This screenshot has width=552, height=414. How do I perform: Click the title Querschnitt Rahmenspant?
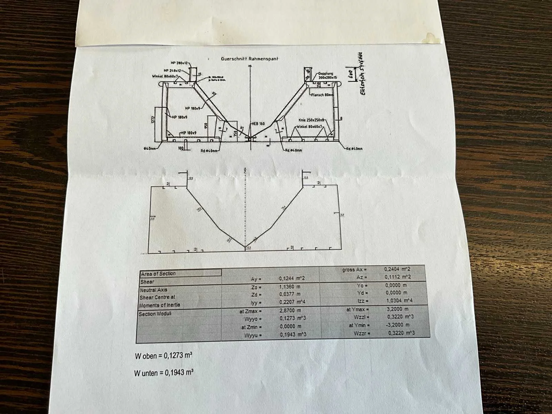tap(249, 59)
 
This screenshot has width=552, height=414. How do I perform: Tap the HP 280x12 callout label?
tap(179, 63)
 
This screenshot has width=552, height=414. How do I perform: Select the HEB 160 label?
tap(258, 123)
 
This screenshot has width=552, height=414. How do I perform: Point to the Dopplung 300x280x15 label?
tap(327, 76)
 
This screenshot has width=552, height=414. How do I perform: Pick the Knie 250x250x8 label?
tap(312, 120)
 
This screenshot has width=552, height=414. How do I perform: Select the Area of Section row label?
tap(158, 274)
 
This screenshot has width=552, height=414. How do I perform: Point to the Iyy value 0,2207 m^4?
tap(292, 302)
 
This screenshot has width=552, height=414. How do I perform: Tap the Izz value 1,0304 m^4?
tap(399, 301)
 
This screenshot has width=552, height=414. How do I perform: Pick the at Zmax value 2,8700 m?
tap(290, 310)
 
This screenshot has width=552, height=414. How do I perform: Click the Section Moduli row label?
tap(155, 314)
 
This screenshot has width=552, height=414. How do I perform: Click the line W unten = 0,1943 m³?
tap(164, 373)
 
